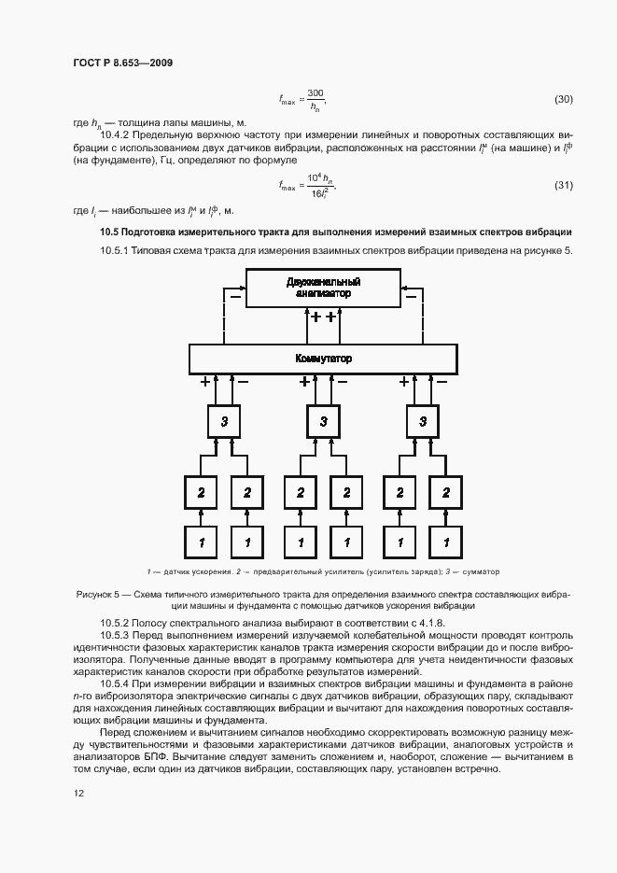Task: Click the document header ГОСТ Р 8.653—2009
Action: (x=122, y=63)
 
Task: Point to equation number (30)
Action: (x=563, y=99)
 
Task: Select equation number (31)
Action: (x=563, y=184)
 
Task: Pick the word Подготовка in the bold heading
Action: (x=158, y=231)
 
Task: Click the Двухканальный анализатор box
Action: (x=323, y=288)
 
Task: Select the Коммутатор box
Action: (x=323, y=359)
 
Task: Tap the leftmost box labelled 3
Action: (x=224, y=422)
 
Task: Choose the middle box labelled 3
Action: (x=323, y=422)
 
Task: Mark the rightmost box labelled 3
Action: (x=423, y=422)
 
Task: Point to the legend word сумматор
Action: (x=479, y=571)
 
